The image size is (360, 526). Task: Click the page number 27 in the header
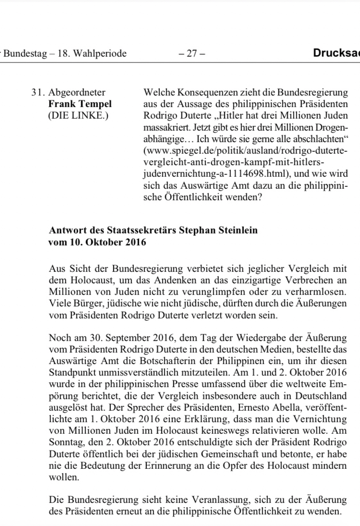click(192, 54)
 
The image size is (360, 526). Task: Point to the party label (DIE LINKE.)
click(79, 116)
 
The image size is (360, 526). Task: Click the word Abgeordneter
click(77, 93)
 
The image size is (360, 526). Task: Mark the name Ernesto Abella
click(283, 407)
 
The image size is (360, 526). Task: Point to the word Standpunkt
click(71, 372)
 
